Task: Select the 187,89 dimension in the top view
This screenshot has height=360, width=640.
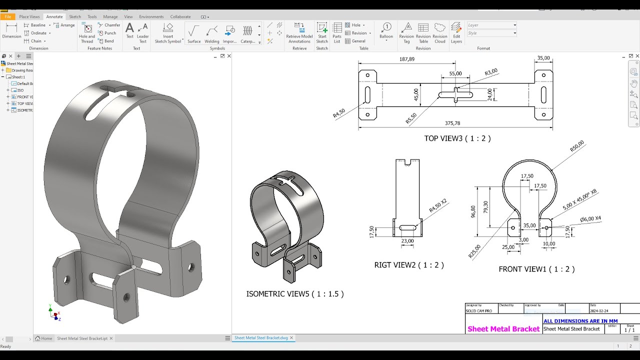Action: tap(407, 59)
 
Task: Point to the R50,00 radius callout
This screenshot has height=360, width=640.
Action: tap(576, 146)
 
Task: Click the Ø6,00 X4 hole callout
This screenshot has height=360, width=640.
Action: tap(590, 218)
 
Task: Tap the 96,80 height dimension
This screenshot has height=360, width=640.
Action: tap(473, 211)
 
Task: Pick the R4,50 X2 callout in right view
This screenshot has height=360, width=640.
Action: tap(437, 205)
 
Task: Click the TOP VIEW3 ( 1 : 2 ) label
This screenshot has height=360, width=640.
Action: tap(457, 138)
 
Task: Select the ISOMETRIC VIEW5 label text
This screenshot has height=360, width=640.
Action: tap(295, 294)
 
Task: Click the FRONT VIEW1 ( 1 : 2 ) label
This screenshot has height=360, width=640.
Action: tap(536, 269)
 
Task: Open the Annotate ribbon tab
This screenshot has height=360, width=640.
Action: tap(54, 16)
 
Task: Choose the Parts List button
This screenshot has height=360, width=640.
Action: tap(337, 32)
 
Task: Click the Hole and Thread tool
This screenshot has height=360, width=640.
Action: tap(87, 32)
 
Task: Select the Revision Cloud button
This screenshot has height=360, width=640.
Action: tap(440, 32)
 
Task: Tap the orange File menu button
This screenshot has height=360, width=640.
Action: tap(8, 16)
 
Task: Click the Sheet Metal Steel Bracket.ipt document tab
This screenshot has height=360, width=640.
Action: tap(82, 338)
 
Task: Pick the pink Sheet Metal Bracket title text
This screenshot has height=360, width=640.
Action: tap(503, 329)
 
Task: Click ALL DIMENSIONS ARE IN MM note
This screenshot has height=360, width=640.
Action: tap(580, 321)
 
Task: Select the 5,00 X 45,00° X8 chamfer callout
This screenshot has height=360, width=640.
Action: tap(579, 199)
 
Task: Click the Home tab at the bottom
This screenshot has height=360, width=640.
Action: tap(44, 338)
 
